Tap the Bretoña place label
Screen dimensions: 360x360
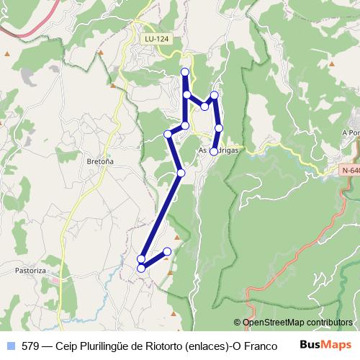pyautogui.click(x=100, y=162)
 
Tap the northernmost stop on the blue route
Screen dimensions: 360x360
pyautogui.click(x=185, y=71)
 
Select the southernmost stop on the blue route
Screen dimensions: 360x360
pyautogui.click(x=141, y=269)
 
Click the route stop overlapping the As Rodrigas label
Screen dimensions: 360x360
pyautogui.click(x=214, y=150)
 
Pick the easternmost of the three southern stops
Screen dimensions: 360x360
pyautogui.click(x=167, y=251)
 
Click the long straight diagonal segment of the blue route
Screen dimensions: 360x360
pyautogui.click(x=162, y=215)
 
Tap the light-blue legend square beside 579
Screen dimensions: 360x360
pyautogui.click(x=11, y=346)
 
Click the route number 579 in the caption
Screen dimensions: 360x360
pyautogui.click(x=30, y=346)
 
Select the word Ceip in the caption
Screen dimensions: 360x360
pyautogui.click(x=68, y=346)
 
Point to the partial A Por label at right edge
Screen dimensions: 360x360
pyautogui.click(x=351, y=133)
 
